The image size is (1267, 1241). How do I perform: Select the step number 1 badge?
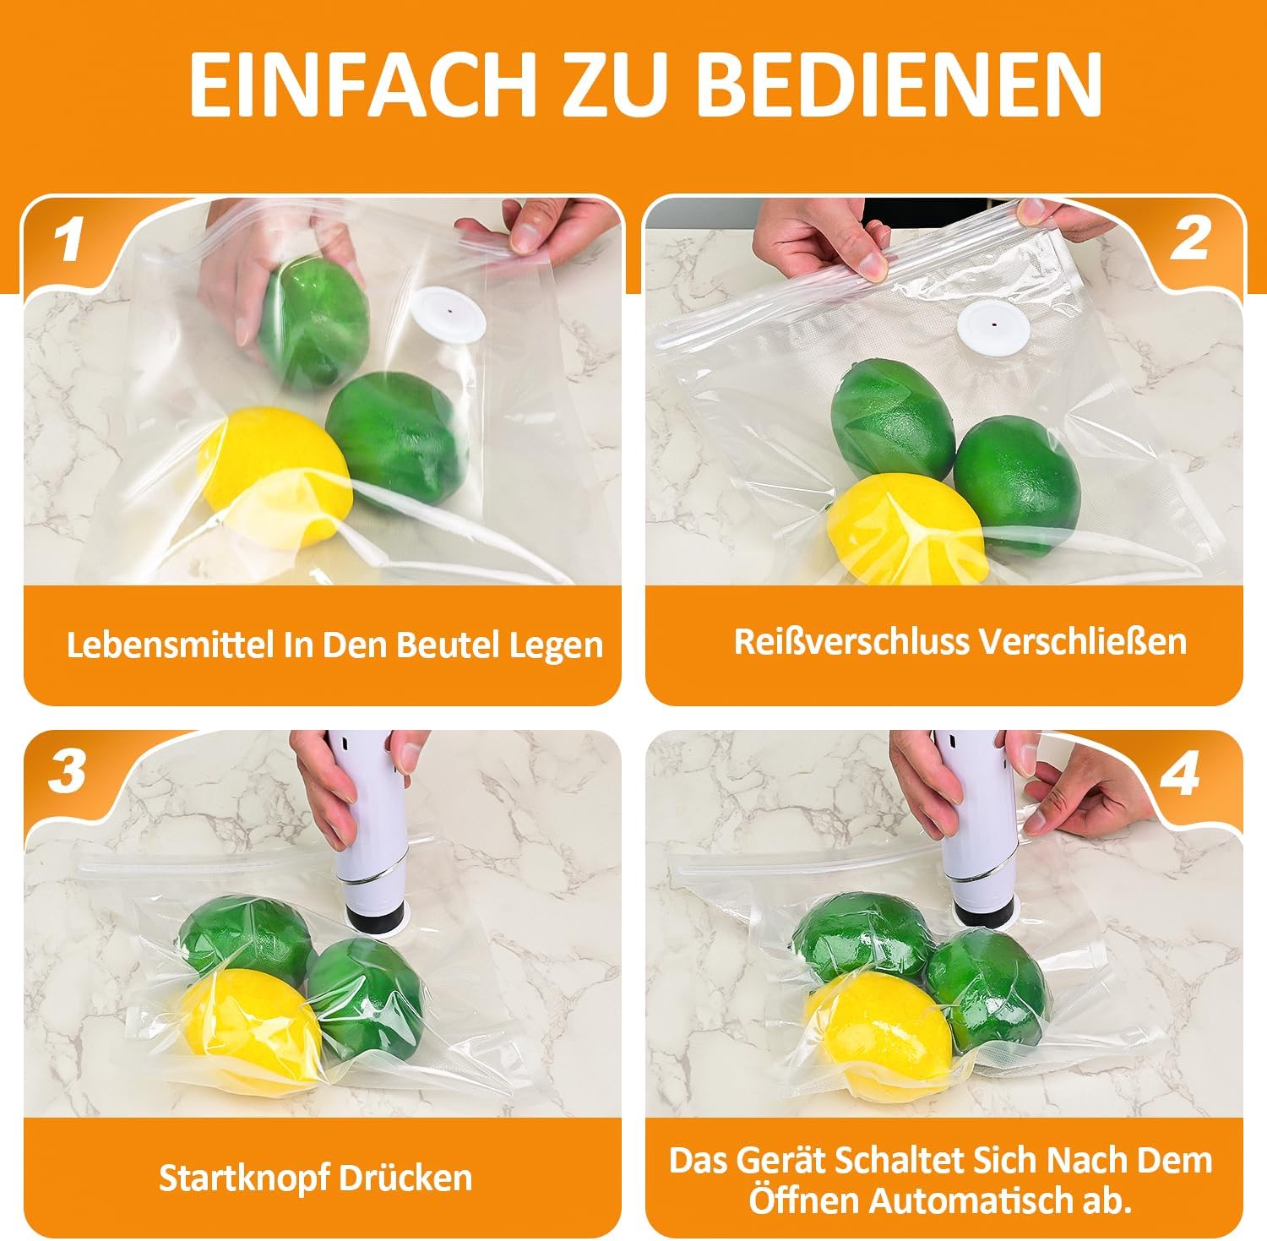[x=68, y=240]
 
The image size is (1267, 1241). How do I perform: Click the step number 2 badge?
[x=1191, y=240]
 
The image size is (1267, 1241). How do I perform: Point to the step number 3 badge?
[x=68, y=771]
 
